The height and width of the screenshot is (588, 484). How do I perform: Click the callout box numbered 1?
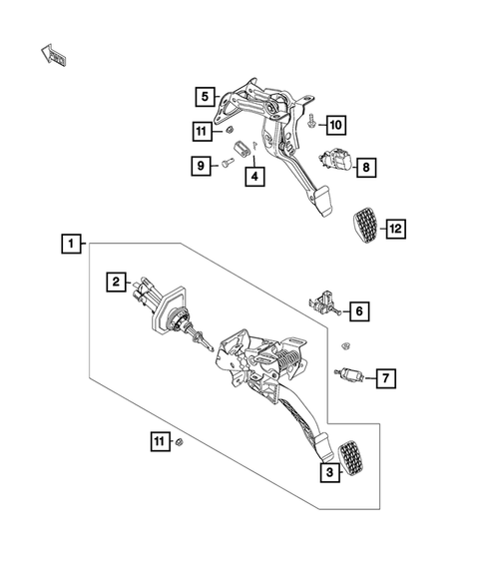click(70, 243)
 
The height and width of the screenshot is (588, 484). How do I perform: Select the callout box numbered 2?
click(117, 284)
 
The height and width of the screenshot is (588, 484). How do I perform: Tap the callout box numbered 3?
click(326, 474)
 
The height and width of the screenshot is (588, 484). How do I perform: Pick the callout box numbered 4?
click(255, 177)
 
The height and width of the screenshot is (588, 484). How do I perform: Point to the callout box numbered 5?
click(205, 97)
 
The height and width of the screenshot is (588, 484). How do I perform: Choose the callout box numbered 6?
click(360, 311)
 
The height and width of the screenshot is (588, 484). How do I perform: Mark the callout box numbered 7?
click(386, 377)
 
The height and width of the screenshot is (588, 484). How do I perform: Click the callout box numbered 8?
click(365, 167)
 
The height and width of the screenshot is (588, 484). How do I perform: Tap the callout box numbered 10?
click(334, 125)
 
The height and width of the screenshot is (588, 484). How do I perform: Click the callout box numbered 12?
click(396, 230)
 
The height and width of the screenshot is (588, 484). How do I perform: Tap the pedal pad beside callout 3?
click(353, 459)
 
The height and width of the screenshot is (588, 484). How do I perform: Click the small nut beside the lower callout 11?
click(179, 441)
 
